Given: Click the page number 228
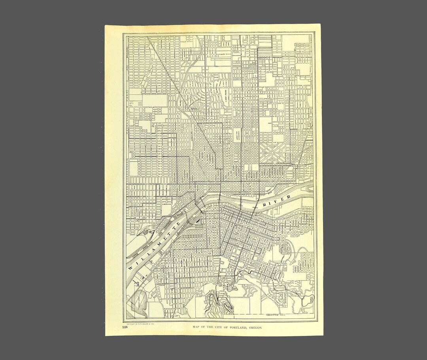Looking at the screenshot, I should pyautogui.click(x=125, y=327).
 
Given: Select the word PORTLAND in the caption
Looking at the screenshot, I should pyautogui.click(x=237, y=327).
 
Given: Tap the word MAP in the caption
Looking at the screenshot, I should pyautogui.click(x=196, y=327).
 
